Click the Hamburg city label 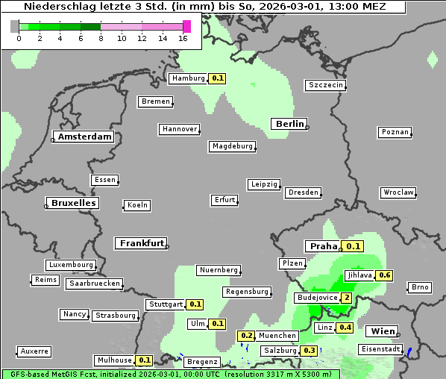tap(187, 78)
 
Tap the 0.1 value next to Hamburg tap(217, 78)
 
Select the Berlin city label tap(289, 124)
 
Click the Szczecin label tap(326, 85)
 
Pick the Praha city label tap(324, 246)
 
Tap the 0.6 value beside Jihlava tap(385, 275)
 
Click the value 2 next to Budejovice tap(346, 298)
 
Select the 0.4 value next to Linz tap(345, 328)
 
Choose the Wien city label tap(380, 331)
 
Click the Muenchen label tap(278, 336)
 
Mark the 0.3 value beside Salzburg tap(309, 351)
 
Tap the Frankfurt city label tap(141, 243)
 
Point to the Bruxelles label tap(72, 203)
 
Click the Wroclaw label tap(398, 192)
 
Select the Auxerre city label tap(34, 351)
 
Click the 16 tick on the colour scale tap(183, 37)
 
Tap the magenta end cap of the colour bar tap(186, 26)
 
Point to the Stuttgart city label tap(165, 304)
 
